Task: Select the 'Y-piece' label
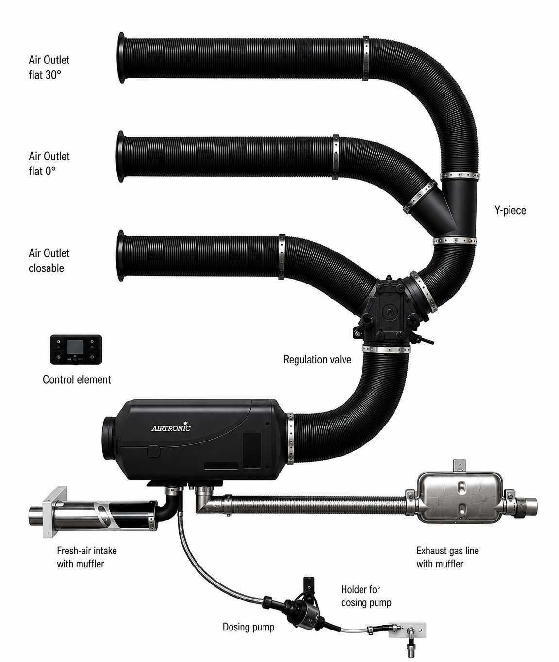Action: pos(510,210)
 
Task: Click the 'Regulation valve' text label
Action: pos(317,359)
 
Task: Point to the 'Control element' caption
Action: pos(77,379)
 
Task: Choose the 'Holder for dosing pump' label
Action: pos(366,596)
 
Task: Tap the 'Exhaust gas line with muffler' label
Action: pos(447,557)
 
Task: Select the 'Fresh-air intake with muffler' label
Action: pos(87,557)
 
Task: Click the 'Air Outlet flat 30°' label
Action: pos(49,67)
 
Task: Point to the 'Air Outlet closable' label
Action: pos(49,260)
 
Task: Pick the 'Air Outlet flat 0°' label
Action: pos(49,164)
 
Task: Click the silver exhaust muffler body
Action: pos(460,497)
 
